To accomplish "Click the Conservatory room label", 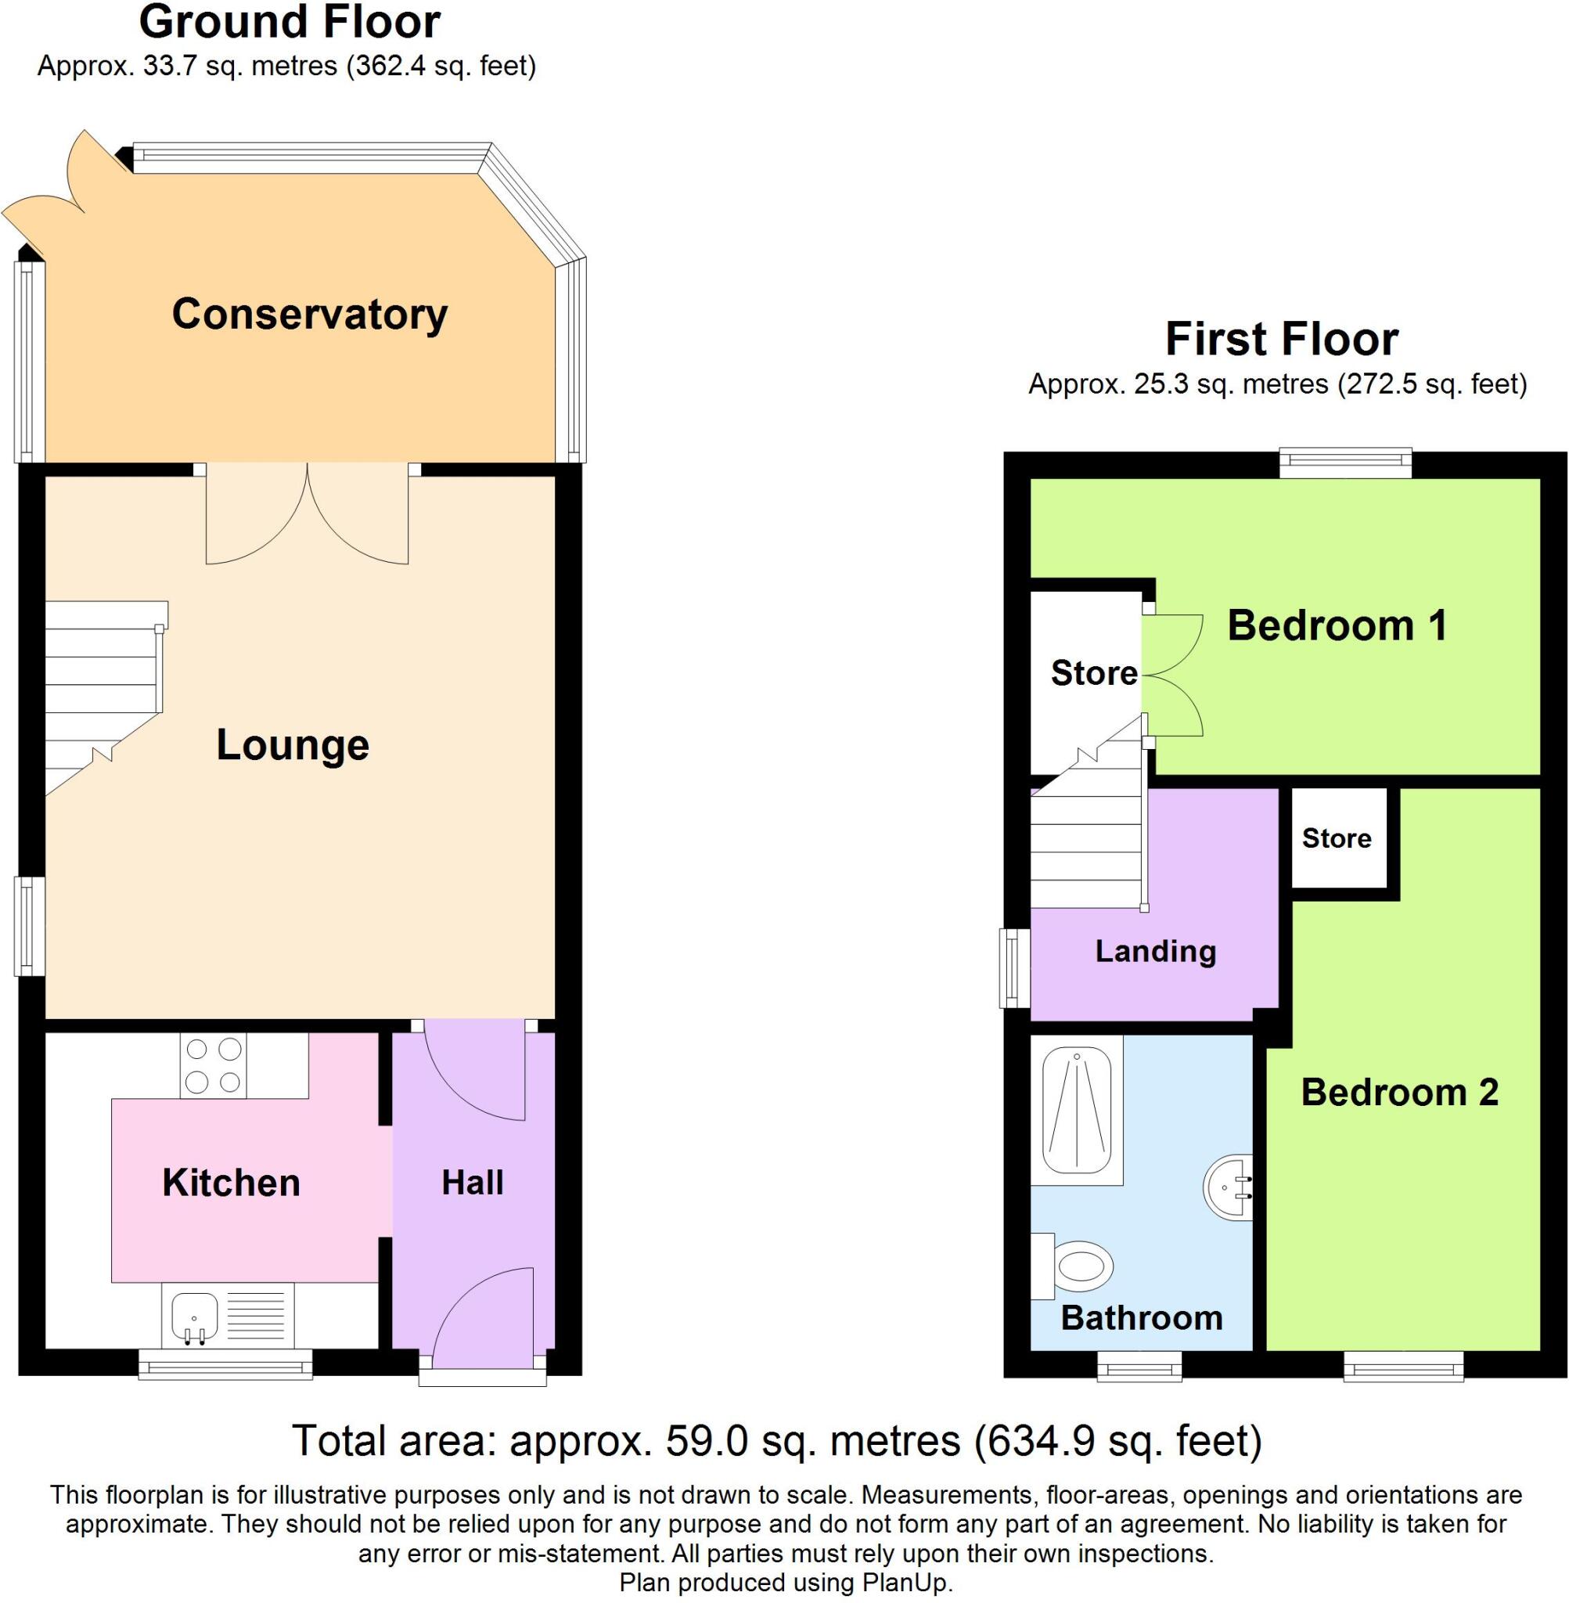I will [x=309, y=314].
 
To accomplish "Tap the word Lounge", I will [x=293, y=745].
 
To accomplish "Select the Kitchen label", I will [x=231, y=1183].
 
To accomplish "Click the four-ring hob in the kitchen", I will [x=214, y=1065].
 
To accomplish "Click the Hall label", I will [x=472, y=1183].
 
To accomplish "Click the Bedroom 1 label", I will [x=1337, y=625].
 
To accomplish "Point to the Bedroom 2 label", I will [x=1399, y=1093].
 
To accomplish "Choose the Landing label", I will [x=1155, y=951].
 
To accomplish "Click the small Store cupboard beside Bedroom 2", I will [x=1337, y=838].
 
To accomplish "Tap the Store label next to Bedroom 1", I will [x=1093, y=673].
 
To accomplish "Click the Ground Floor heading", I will [x=290, y=22].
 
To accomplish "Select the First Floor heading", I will [x=1281, y=339].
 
